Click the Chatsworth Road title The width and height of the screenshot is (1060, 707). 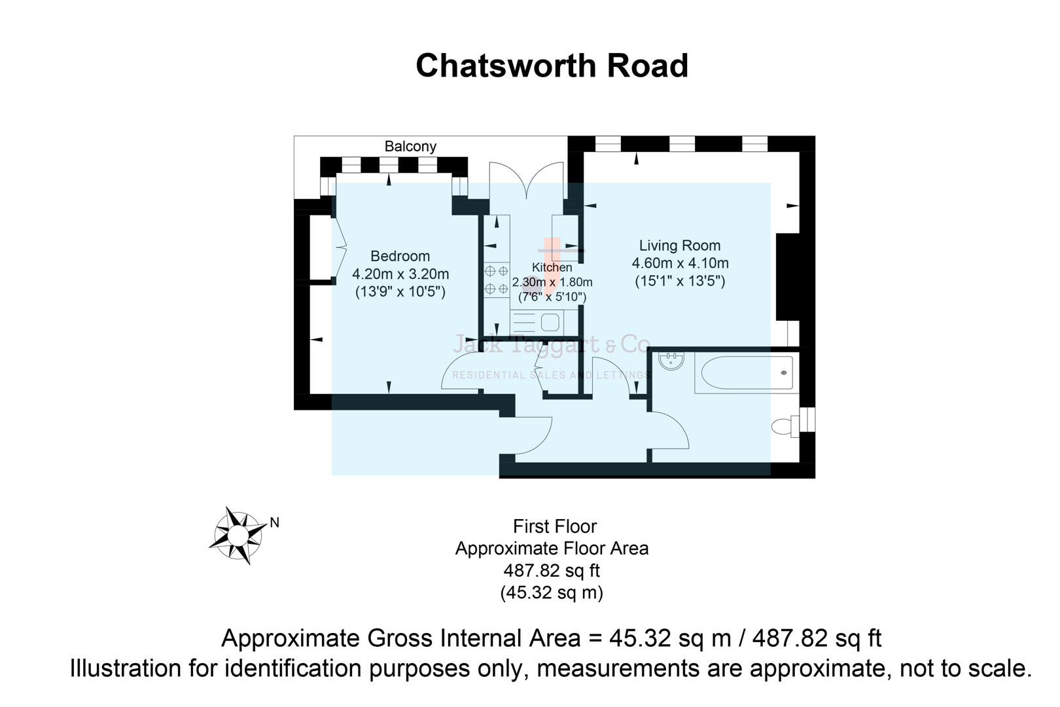coord(552,65)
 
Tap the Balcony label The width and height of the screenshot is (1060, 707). coord(410,146)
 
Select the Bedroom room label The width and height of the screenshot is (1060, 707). coord(400,256)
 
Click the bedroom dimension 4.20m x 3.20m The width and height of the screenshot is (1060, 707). coord(400,274)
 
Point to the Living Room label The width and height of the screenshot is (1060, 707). coord(680,245)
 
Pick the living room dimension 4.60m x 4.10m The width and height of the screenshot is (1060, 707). coord(680,263)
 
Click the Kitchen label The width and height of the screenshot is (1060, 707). coord(552,267)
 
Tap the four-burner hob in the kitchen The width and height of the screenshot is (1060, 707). coord(496,280)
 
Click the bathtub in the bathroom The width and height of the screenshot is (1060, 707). coord(746,373)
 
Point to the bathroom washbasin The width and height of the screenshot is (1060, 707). coord(671,361)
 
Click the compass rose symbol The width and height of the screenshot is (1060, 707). coord(237,535)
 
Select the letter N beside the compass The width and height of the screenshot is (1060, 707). coord(275,522)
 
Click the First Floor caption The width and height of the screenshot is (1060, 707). coord(554,526)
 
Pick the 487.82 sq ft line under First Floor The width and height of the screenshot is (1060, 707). coord(552,570)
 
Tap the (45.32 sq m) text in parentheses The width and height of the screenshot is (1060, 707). coord(552,592)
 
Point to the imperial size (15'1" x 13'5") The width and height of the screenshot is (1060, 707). coord(680,281)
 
